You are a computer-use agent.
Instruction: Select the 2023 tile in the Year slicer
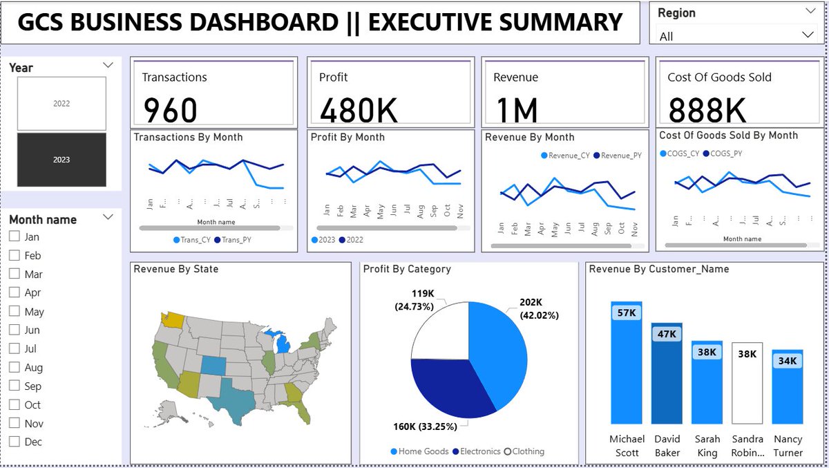(61, 160)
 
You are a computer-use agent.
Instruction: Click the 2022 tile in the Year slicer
(61, 104)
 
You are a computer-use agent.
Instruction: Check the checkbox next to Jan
(15, 236)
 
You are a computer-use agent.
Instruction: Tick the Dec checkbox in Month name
(15, 442)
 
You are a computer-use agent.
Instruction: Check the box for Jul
(15, 348)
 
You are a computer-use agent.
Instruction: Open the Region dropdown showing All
(735, 35)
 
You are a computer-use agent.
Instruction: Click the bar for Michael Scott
(627, 366)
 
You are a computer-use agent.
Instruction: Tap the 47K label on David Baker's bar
(667, 335)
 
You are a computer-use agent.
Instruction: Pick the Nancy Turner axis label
(788, 446)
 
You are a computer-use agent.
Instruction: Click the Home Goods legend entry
(419, 451)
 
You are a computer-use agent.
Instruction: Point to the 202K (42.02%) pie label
(540, 309)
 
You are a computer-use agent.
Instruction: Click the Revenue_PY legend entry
(616, 156)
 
